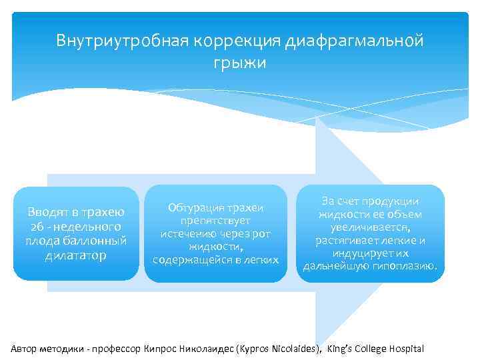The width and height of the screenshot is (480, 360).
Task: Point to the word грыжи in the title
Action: [239, 63]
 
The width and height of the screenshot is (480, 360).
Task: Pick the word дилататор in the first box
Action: [75, 255]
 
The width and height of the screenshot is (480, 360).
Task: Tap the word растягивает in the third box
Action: [349, 241]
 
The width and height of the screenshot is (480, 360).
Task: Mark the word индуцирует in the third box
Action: [358, 253]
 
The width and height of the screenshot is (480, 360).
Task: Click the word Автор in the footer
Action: [25, 349]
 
